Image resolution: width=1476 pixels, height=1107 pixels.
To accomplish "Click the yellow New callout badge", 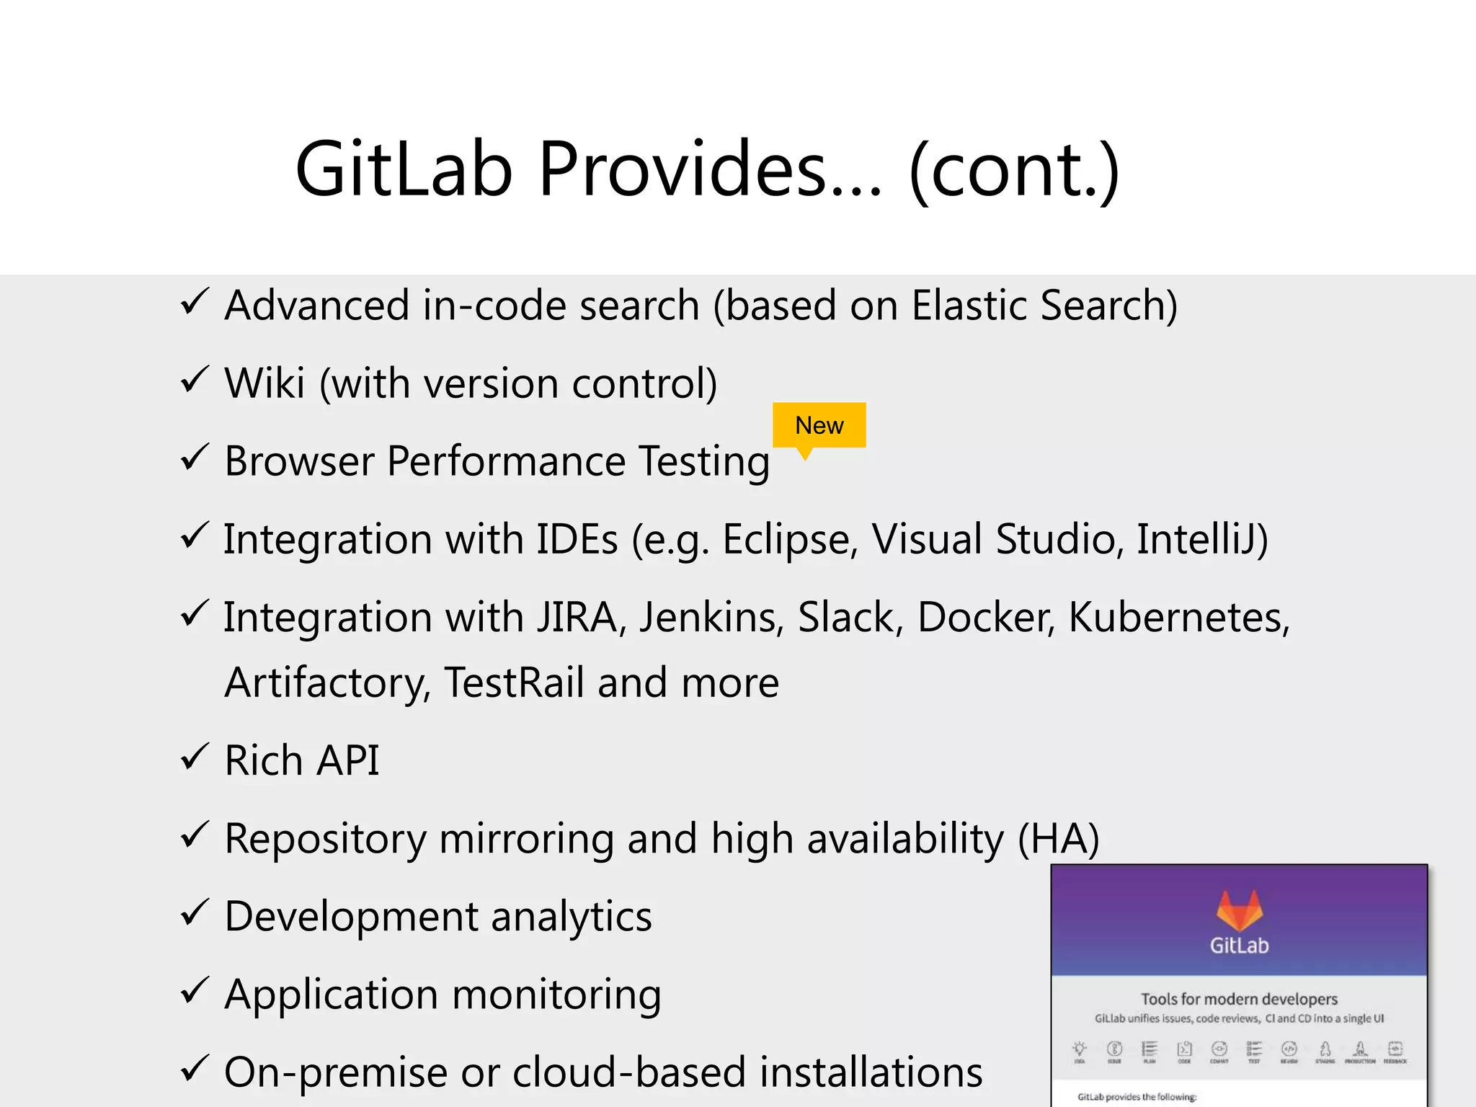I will pyautogui.click(x=819, y=425).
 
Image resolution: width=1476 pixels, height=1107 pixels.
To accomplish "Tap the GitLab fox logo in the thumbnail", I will pyautogui.click(x=1239, y=910).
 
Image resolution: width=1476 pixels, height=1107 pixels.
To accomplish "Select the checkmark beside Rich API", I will pyautogui.click(x=195, y=757).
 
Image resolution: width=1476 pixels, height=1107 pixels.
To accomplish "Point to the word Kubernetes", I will pyautogui.click(x=1178, y=618).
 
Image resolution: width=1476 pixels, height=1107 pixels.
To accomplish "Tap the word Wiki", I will pyautogui.click(x=264, y=383).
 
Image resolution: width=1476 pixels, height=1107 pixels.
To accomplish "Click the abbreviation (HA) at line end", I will pyautogui.click(x=1058, y=839).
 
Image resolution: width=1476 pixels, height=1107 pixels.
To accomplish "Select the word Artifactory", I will pyautogui.click(x=327, y=683).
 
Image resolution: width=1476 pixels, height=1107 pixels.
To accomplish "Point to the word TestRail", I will pyautogui.click(x=514, y=683).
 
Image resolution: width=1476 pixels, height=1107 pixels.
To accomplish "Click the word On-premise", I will pyautogui.click(x=336, y=1072).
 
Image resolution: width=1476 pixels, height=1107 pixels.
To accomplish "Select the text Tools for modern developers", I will pyautogui.click(x=1239, y=999).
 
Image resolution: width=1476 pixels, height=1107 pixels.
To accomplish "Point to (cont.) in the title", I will pyautogui.click(x=1014, y=170).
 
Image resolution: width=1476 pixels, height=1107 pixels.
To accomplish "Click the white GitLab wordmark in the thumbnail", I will pyautogui.click(x=1239, y=946).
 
